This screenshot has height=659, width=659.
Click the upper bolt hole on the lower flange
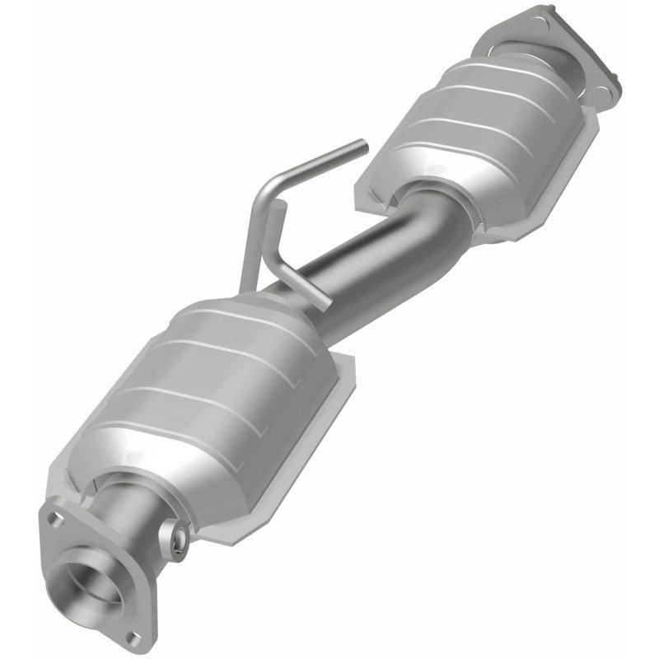pos(55,519)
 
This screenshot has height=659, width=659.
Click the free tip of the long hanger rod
pos(362,146)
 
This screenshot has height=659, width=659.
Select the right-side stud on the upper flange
pos(615,82)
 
